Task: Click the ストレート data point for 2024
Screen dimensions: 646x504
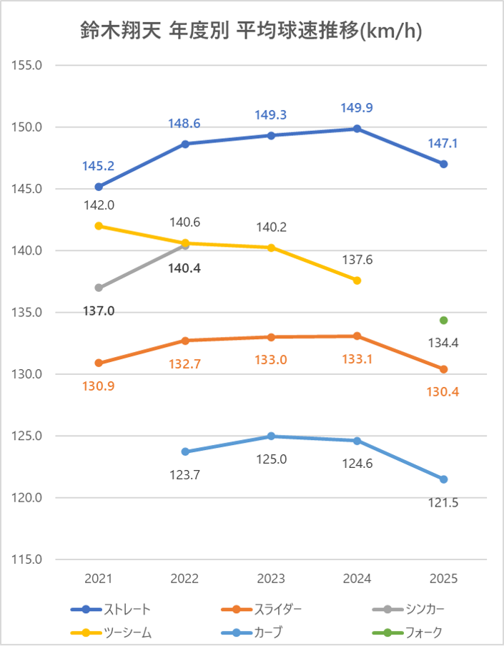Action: pyautogui.click(x=357, y=129)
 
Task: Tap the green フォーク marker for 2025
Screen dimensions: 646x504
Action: pyautogui.click(x=444, y=320)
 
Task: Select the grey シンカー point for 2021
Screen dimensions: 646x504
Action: pyautogui.click(x=99, y=288)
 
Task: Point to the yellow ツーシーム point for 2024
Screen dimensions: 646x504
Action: pyautogui.click(x=357, y=280)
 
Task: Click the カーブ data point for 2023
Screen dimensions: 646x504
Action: pyautogui.click(x=271, y=436)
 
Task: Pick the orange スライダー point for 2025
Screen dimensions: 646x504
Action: pyautogui.click(x=444, y=369)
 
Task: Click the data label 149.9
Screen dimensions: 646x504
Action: pyautogui.click(x=357, y=108)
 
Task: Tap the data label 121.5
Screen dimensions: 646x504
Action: pyautogui.click(x=444, y=502)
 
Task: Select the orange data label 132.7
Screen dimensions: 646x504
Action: pyautogui.click(x=184, y=364)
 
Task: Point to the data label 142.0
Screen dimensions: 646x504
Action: pyautogui.click(x=99, y=205)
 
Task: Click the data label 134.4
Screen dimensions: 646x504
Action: pyautogui.click(x=444, y=343)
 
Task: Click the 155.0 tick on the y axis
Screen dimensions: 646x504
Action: pyautogui.click(x=29, y=65)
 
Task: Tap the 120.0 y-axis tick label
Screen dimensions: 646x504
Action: pyautogui.click(x=29, y=498)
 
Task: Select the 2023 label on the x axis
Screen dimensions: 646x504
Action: pyautogui.click(x=271, y=578)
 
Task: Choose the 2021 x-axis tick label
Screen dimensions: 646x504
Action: pyautogui.click(x=99, y=578)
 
